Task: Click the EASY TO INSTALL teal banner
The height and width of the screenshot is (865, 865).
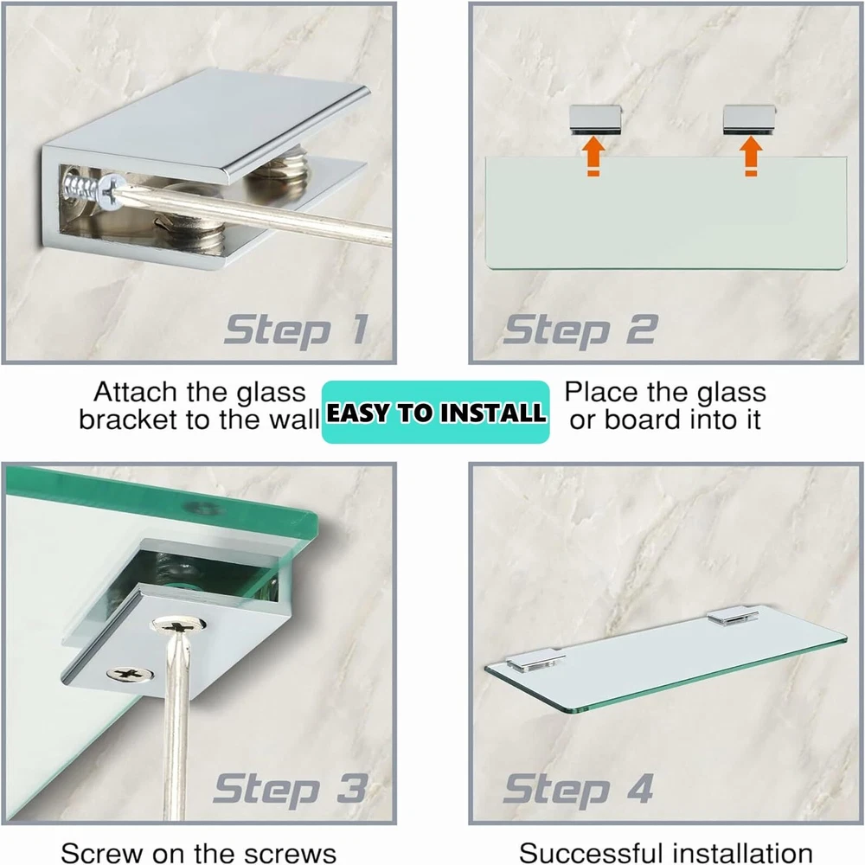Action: tap(436, 412)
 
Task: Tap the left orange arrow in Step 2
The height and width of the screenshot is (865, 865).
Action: tap(593, 157)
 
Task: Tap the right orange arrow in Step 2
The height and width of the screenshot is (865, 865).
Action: tap(751, 157)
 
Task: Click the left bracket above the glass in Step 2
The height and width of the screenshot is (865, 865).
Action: tap(595, 119)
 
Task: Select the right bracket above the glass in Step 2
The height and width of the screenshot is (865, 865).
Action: tap(749, 119)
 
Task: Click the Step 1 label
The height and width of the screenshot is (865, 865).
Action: tap(296, 330)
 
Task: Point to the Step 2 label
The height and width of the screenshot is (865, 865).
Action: tap(580, 330)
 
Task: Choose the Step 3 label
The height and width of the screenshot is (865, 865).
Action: tap(291, 790)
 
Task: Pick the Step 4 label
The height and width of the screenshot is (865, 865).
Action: tap(578, 790)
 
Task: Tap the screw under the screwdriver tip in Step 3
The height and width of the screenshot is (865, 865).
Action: tap(179, 626)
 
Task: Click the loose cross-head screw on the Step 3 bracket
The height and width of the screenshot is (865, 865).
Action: tap(130, 674)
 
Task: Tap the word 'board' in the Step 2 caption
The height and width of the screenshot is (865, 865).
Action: tap(643, 420)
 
